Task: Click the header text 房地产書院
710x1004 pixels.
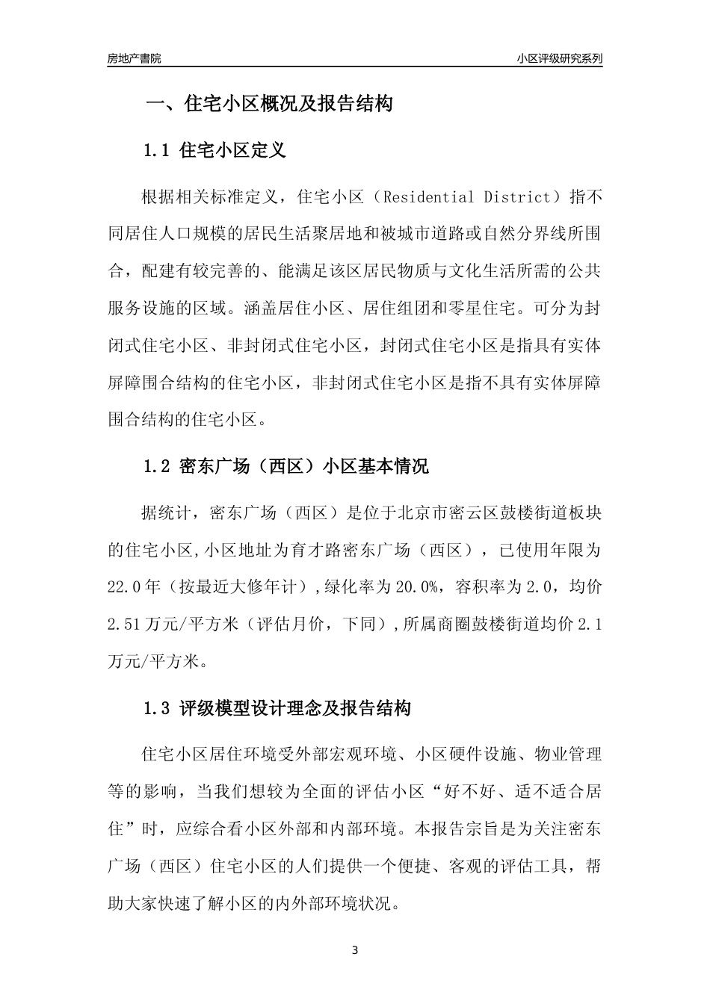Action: [134, 58]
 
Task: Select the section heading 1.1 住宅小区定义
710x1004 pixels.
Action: [214, 150]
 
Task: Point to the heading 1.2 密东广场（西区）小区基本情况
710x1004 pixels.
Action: [285, 467]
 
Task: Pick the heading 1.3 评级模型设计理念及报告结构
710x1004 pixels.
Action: [277, 708]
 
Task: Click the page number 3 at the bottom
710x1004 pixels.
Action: [355, 951]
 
